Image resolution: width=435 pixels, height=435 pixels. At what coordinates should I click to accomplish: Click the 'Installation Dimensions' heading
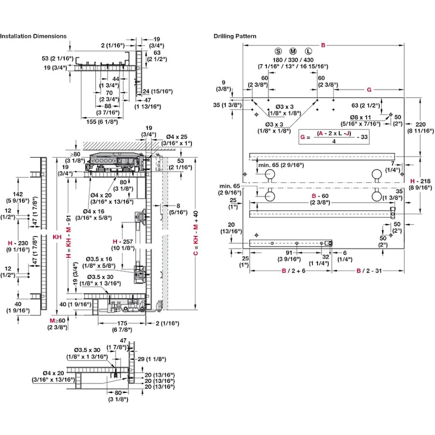(x=33, y=36)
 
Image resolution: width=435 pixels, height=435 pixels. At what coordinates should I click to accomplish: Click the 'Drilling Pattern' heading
(x=235, y=36)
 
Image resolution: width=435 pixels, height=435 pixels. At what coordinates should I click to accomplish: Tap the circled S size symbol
(x=278, y=51)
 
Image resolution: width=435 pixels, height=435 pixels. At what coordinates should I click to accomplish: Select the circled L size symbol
(x=308, y=51)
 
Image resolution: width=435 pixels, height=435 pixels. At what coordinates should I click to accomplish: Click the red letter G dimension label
(x=369, y=89)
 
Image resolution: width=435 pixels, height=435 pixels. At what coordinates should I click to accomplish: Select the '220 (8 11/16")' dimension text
(x=420, y=127)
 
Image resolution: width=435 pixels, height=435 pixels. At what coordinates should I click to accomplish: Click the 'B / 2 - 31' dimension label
(x=368, y=271)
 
